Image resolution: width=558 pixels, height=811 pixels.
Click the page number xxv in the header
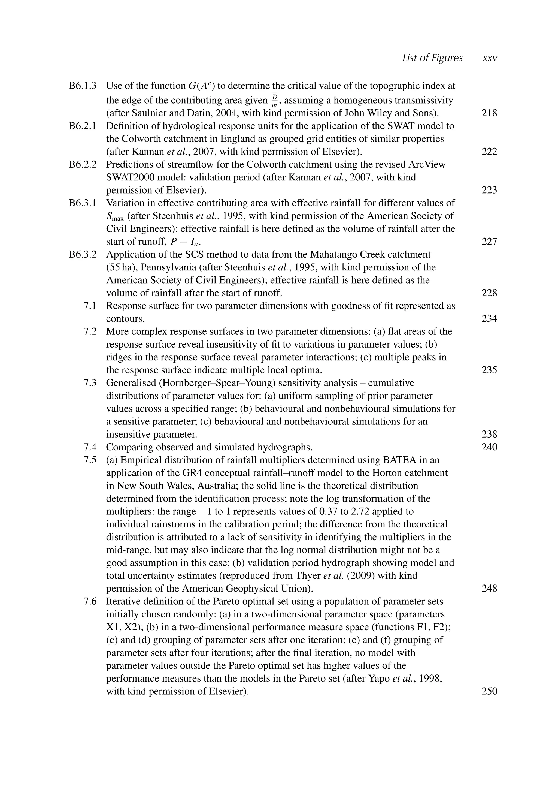coord(489,58)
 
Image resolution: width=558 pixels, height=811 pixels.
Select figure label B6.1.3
coord(83,86)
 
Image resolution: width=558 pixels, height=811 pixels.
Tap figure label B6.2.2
coord(83,164)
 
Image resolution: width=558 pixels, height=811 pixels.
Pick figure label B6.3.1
coord(83,203)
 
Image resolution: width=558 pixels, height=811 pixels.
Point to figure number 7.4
coord(90,447)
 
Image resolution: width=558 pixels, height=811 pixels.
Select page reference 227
coord(489,242)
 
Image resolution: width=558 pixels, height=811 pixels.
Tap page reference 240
coord(489,447)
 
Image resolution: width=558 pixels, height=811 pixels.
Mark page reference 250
coord(489,691)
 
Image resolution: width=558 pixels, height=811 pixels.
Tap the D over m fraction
coord(274,100)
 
